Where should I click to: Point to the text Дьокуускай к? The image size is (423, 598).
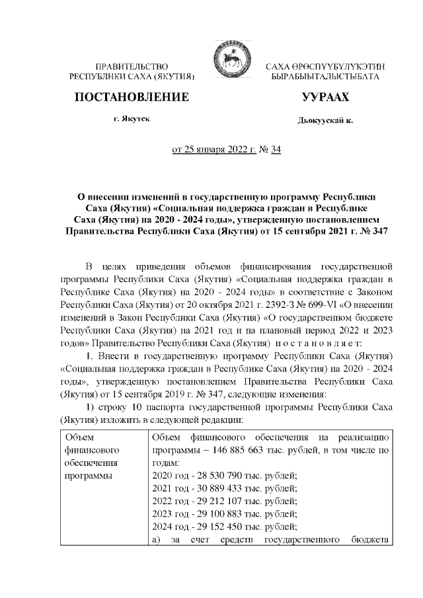[x=326, y=121]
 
